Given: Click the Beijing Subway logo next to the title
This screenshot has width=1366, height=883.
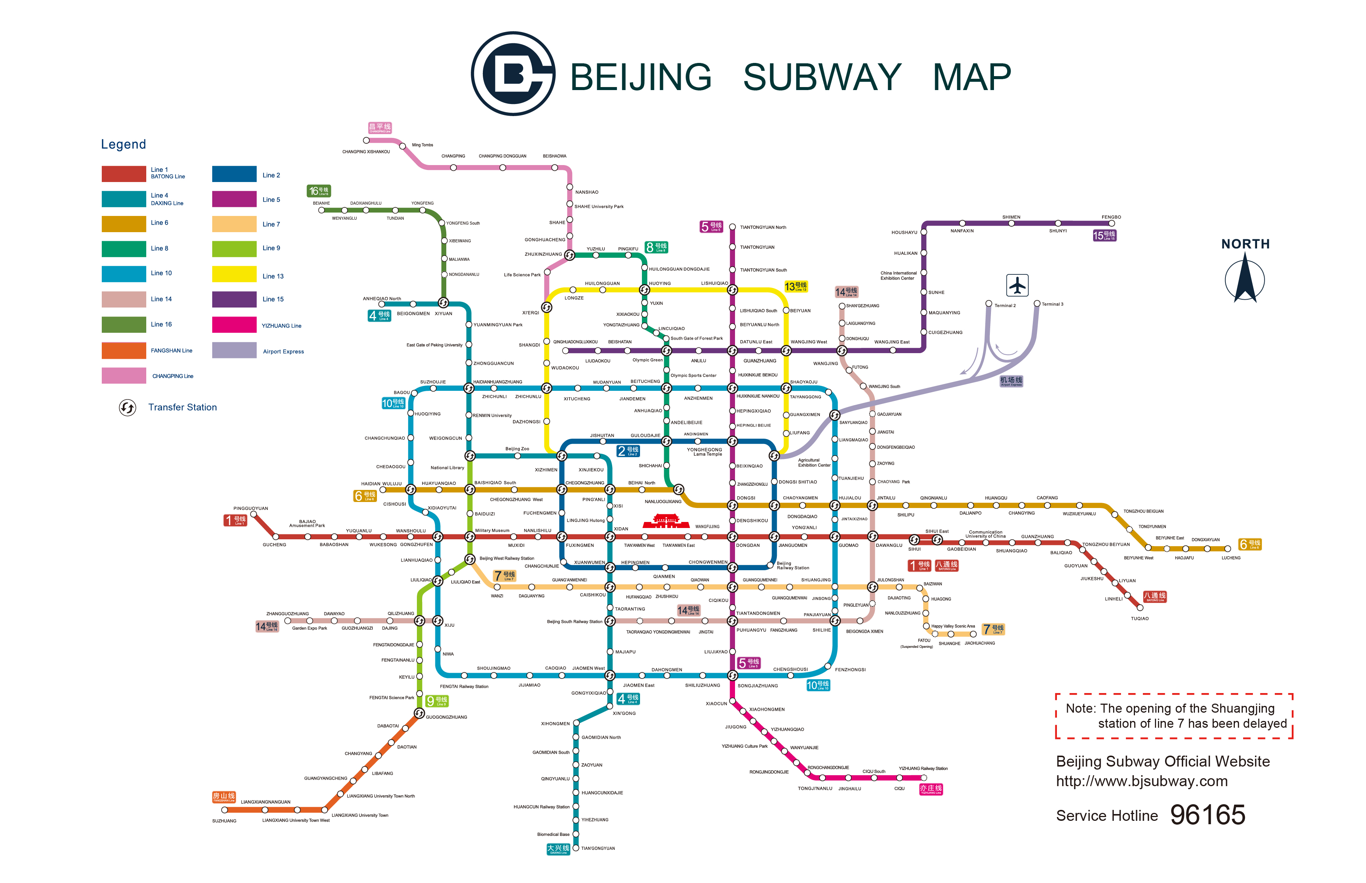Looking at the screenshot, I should (512, 74).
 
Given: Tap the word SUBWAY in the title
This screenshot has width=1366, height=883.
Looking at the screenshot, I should (821, 77).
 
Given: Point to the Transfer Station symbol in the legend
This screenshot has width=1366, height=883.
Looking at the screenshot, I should (127, 408).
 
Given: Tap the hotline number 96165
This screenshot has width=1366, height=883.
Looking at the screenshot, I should (1207, 815).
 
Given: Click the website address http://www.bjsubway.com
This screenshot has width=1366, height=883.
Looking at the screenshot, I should (1141, 781).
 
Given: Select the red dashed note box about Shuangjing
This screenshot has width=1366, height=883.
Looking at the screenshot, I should (1173, 716).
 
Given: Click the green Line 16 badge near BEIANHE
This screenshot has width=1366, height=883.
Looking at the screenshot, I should (319, 191).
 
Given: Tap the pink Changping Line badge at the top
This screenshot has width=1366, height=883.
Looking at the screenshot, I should (380, 128).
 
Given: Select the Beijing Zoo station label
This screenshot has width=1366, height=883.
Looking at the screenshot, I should (517, 449).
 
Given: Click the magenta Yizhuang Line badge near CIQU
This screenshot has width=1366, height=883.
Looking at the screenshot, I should (930, 789).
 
